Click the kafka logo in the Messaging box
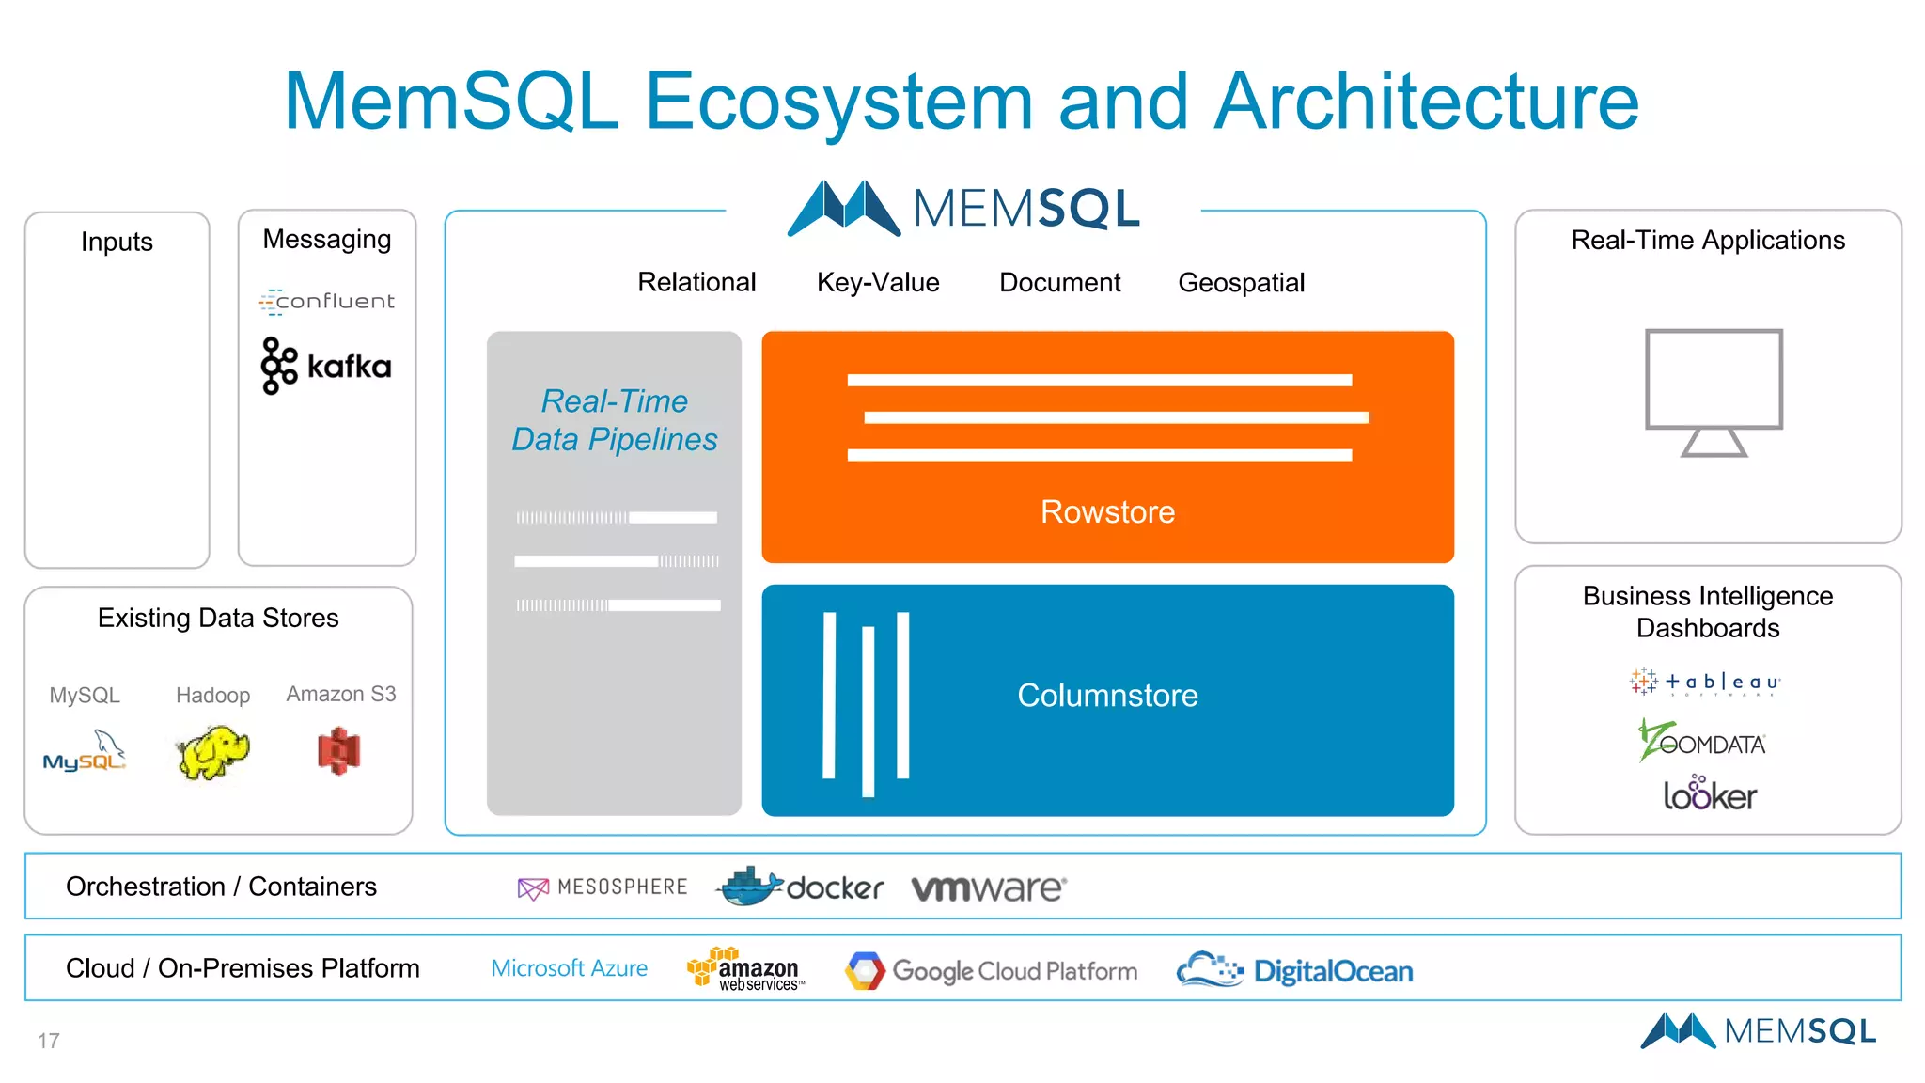tap(326, 366)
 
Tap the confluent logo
tap(326, 301)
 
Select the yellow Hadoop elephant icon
tap(212, 752)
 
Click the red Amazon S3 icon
tap(339, 751)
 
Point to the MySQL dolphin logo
tap(85, 753)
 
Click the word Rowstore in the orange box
tap(1107, 511)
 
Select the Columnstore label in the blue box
tap(1107, 696)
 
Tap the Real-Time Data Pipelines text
tap(615, 420)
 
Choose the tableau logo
tap(1705, 682)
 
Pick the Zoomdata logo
tap(1702, 741)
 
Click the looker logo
tap(1710, 794)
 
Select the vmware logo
tap(989, 887)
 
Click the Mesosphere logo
tap(603, 887)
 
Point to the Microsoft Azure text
tap(569, 968)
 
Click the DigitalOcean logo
tap(1294, 970)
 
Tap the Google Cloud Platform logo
tap(991, 970)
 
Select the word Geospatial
tap(1241, 282)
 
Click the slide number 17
tap(49, 1041)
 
